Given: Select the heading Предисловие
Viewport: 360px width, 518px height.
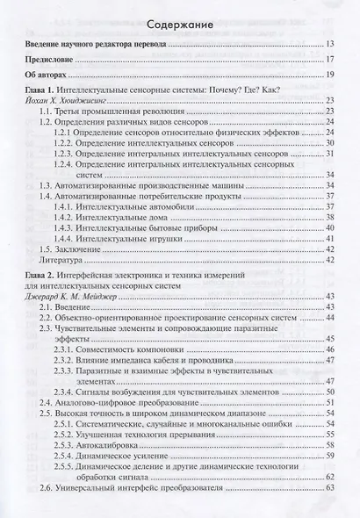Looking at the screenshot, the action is click(55, 59).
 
